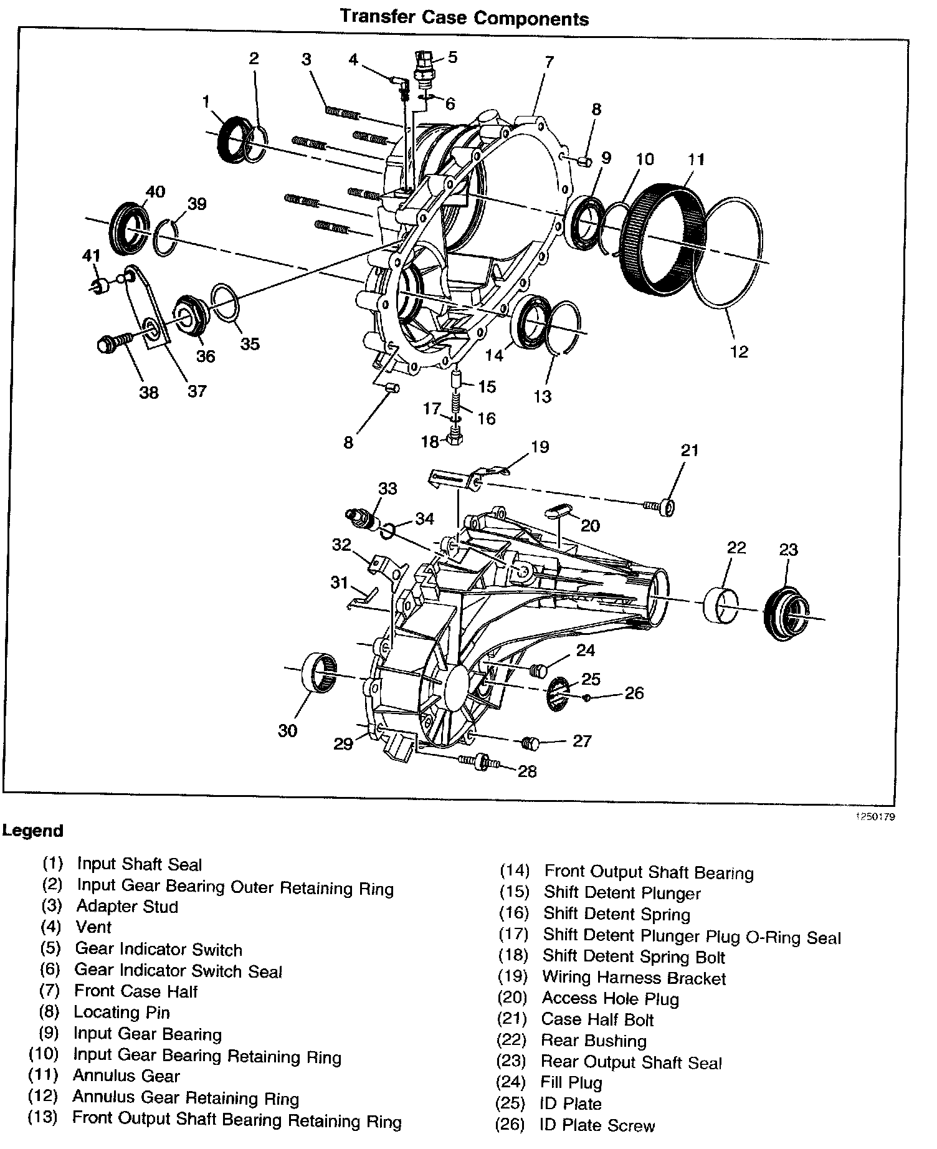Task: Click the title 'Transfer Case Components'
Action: (464, 18)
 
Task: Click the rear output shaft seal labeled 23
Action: (786, 614)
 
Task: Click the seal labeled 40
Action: (129, 227)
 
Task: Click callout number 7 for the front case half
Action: (549, 62)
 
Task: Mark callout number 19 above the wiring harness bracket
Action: (540, 447)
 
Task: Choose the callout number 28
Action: (527, 771)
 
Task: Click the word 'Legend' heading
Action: (32, 831)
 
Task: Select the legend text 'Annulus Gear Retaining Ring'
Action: (186, 1098)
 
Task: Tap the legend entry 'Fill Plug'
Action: (571, 1082)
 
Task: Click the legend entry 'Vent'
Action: (93, 927)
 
